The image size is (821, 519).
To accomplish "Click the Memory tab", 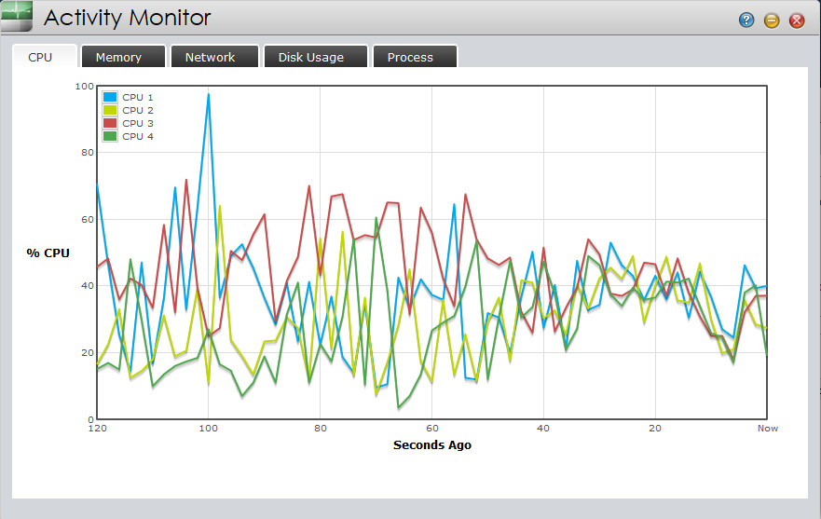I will (118, 57).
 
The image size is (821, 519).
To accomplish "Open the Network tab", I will (210, 57).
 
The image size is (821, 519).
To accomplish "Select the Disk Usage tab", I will (310, 57).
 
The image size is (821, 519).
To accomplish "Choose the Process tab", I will (410, 57).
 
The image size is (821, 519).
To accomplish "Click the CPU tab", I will (40, 57).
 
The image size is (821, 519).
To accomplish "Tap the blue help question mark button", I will (746, 20).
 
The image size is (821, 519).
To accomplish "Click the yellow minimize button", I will (772, 20).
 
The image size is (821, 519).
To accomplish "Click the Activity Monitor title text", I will (128, 18).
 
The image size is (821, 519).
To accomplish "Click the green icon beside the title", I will (17, 17).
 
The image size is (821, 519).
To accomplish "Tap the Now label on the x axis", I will (767, 429).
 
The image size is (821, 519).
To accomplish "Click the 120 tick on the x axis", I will (96, 429).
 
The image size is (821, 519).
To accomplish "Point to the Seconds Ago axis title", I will (431, 445).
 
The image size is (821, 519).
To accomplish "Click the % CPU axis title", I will (47, 253).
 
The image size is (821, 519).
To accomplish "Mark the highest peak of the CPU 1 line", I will (209, 94).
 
